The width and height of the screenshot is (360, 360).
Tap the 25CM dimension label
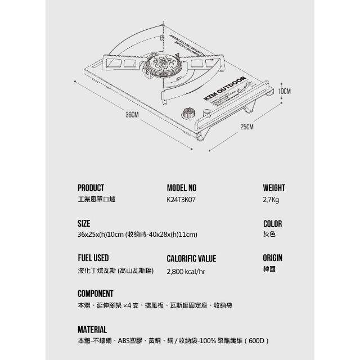[x=247, y=127]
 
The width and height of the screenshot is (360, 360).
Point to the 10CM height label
[x=284, y=91]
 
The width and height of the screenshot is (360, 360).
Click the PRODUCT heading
[x=91, y=188]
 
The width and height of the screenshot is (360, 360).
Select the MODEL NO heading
[x=182, y=188]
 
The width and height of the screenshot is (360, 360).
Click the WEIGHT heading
[x=274, y=188]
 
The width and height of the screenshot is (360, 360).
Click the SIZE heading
[x=84, y=223]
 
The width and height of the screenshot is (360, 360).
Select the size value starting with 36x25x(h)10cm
[x=137, y=234]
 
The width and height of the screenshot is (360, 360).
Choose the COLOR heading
[x=272, y=223]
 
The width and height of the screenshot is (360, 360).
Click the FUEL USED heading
[x=93, y=258]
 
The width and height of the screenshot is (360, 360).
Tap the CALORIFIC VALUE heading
[x=191, y=259]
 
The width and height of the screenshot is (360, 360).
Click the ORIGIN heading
[x=272, y=258]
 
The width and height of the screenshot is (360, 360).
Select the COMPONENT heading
[x=95, y=294]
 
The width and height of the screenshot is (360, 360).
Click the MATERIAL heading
[x=92, y=329]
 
